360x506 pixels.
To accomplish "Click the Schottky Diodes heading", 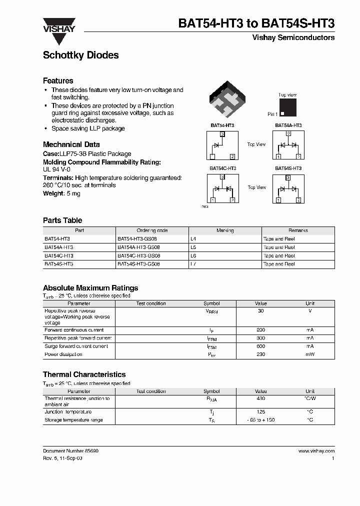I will (x=80, y=55).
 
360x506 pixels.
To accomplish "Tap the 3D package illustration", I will (x=227, y=101).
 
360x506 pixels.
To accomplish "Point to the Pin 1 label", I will (x=272, y=114).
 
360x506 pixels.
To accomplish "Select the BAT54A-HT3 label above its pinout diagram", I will (x=288, y=125).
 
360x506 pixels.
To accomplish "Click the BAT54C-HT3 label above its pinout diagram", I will (x=222, y=168).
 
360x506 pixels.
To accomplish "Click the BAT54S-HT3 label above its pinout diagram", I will (x=288, y=168).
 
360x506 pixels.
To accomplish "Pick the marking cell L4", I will (x=193, y=239).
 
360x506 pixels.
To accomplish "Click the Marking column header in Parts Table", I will (x=225, y=230).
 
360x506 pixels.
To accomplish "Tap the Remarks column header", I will (x=298, y=230).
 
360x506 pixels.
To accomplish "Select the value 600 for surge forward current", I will (x=260, y=346).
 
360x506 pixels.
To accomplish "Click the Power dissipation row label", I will (x=63, y=354).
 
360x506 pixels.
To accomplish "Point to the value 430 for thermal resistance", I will (x=260, y=398).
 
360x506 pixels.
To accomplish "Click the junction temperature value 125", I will (x=260, y=411).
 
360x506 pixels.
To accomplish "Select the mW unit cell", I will (x=310, y=354).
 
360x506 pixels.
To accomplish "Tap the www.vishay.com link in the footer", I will (x=316, y=451).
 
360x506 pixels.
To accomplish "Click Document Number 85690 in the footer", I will (x=70, y=451).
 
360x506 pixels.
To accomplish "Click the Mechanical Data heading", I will (x=68, y=144).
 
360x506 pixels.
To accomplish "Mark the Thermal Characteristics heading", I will (x=84, y=374).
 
